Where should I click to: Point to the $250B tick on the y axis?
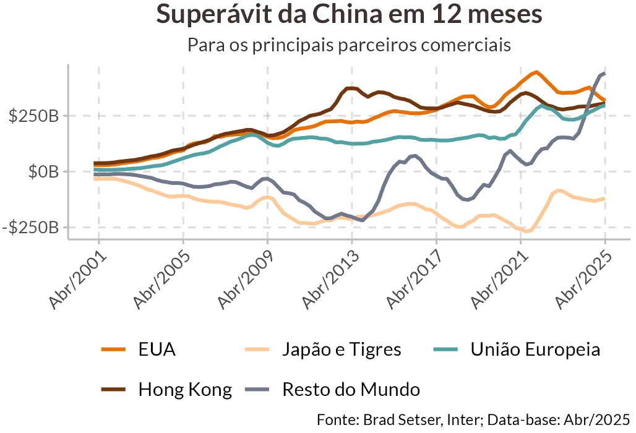(x=34, y=116)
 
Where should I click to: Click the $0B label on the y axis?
(x=43, y=172)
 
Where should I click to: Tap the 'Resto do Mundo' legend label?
(x=351, y=390)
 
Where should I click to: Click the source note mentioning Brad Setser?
(x=473, y=419)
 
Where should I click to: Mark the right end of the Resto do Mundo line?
(x=604, y=74)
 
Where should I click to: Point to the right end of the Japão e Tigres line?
(x=604, y=199)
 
